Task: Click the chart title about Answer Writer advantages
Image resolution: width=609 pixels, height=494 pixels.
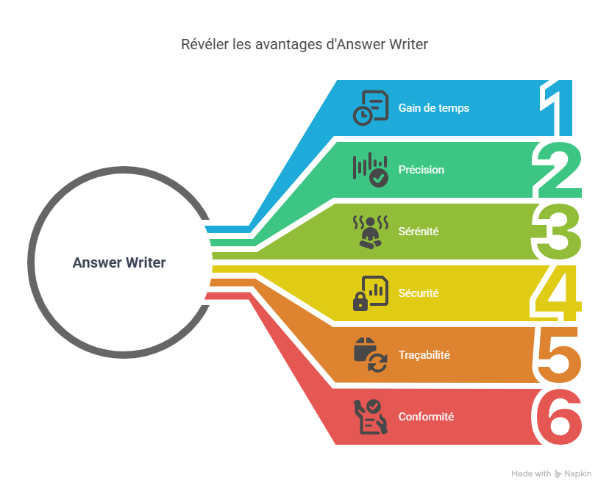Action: [304, 45]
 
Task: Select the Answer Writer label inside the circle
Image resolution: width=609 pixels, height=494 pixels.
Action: [119, 262]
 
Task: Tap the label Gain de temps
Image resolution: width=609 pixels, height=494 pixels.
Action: [433, 108]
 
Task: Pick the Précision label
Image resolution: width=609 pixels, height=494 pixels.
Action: [421, 170]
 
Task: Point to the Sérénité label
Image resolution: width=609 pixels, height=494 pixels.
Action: [419, 232]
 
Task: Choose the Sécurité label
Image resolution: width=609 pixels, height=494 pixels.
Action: [418, 293]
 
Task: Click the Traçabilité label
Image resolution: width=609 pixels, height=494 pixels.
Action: [424, 355]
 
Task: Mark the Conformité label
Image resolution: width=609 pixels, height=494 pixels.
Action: [426, 417]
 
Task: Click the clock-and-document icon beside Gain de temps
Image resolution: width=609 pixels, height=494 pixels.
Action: [371, 108]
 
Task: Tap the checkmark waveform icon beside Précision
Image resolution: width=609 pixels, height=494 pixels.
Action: [371, 170]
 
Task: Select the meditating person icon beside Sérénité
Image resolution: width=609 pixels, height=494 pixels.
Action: [371, 232]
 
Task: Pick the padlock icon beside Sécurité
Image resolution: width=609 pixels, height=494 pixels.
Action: [371, 293]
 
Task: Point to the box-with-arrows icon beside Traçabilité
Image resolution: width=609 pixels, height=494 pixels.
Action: [371, 355]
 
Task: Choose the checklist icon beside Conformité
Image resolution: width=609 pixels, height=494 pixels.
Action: [371, 417]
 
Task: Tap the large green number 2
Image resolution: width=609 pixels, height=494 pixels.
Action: [559, 171]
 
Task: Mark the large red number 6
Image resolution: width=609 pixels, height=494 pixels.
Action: [558, 418]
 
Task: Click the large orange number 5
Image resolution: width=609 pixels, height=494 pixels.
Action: [558, 356]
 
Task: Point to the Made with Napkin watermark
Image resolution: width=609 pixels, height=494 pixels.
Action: [551, 474]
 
